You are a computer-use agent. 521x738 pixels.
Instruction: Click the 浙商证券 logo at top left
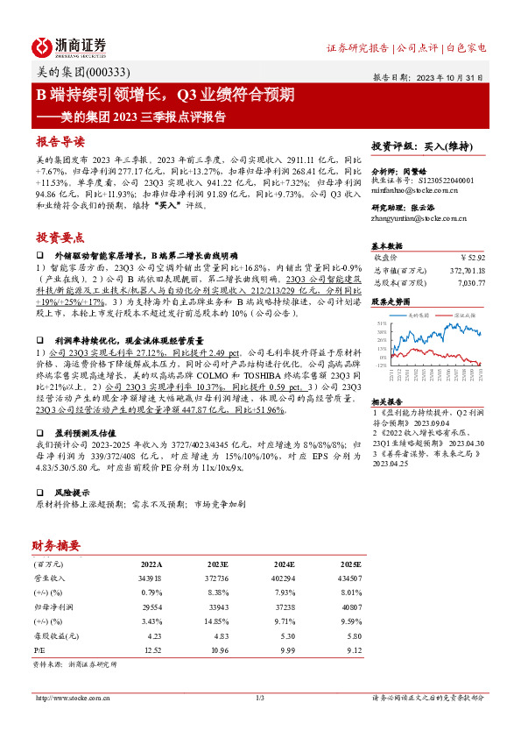point(70,47)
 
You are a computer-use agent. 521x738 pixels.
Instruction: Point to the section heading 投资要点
point(60,237)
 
